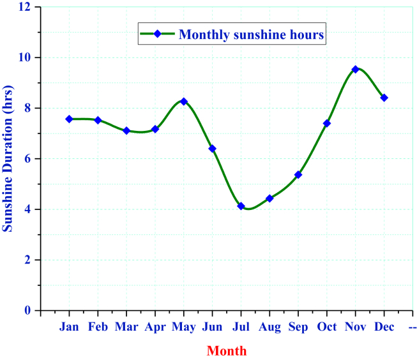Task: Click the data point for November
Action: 355,69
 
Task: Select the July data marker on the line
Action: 241,206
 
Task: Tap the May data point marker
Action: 184,101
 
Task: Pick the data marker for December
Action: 384,98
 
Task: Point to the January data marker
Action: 69,119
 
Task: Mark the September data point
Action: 298,174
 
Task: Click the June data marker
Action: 212,149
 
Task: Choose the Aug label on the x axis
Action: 269,327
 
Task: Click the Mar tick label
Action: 126,327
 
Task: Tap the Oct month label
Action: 327,327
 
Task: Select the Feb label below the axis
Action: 98,327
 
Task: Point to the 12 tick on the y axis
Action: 26,7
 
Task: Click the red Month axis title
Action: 226,350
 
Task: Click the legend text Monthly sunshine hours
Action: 252,34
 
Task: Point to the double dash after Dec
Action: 413,327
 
